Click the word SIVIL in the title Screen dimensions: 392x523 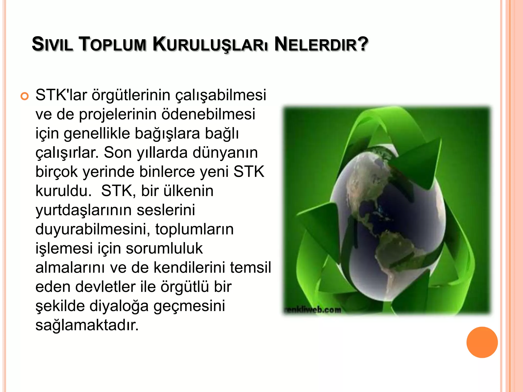click(52, 44)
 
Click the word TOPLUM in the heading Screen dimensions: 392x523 click(113, 44)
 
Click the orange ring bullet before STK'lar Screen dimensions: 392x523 click(25, 96)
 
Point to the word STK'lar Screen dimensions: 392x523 click(61, 95)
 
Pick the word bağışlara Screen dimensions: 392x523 click(167, 133)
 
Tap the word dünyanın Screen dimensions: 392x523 click(225, 153)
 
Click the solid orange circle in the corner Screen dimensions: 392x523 click(482, 342)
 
